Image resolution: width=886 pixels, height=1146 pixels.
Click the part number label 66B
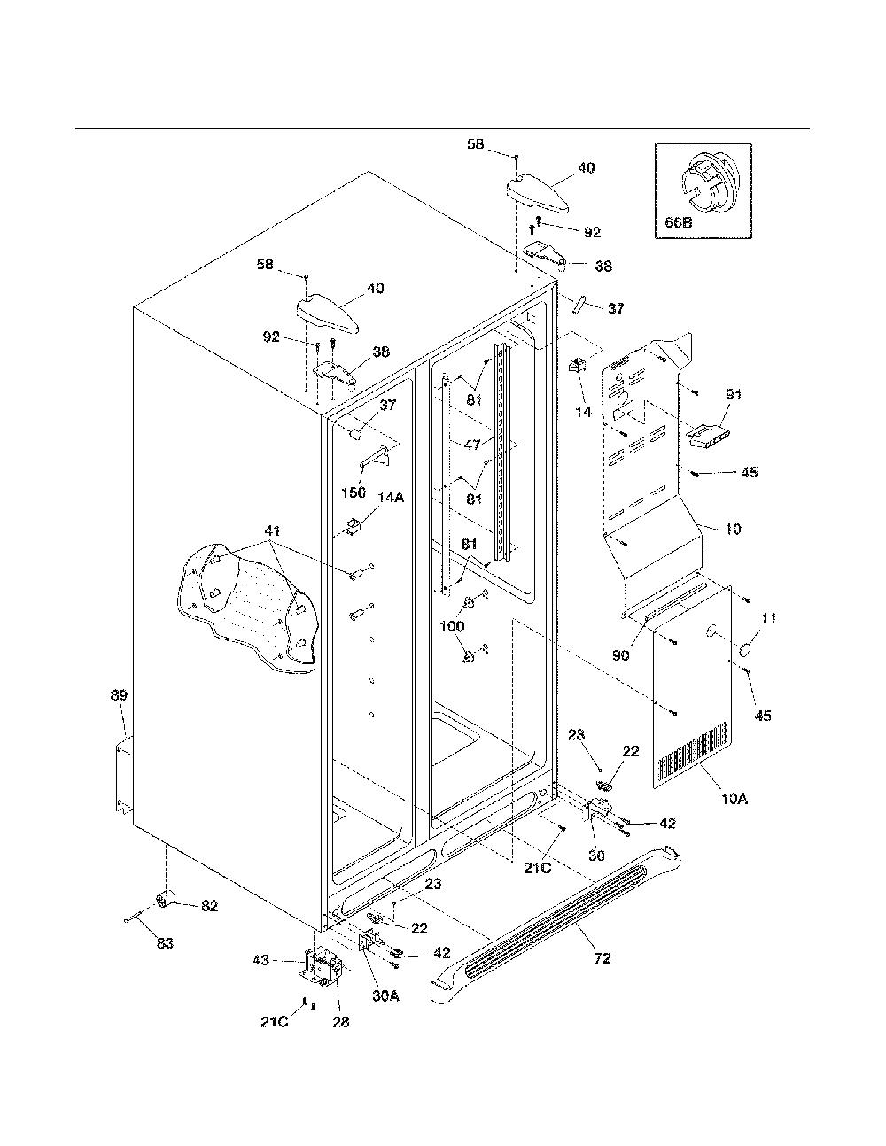(x=678, y=222)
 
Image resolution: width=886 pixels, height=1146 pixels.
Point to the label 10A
(x=734, y=799)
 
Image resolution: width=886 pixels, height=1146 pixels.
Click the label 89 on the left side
(x=119, y=695)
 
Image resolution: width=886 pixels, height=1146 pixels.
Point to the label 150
(x=354, y=492)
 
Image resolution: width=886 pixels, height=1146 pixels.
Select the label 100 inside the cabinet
(x=452, y=626)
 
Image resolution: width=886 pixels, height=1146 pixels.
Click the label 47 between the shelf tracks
(x=472, y=445)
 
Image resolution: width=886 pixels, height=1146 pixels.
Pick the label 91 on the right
(x=734, y=394)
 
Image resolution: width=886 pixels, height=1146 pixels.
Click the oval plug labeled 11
(x=747, y=650)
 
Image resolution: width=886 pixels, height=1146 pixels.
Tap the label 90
(x=621, y=655)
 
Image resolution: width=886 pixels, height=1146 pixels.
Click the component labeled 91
(x=708, y=437)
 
